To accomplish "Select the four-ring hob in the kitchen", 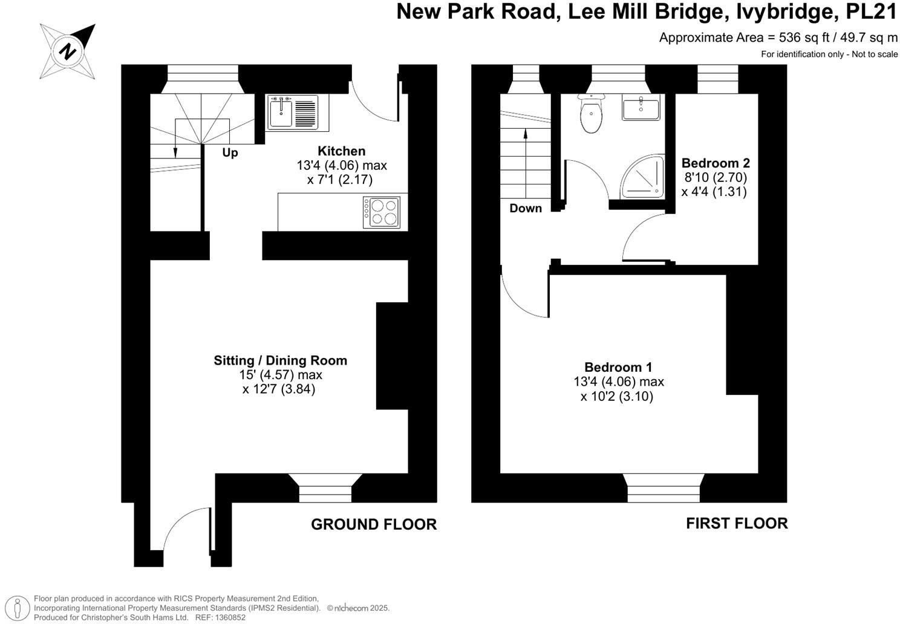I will tap(382, 212).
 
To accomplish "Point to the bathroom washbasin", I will tap(641, 109).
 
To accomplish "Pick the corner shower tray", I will tap(641, 178).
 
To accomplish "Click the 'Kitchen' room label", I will tap(342, 151).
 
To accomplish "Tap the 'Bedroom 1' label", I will tap(618, 367).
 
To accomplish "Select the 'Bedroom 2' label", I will tap(716, 163).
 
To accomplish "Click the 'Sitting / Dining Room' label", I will tap(280, 360).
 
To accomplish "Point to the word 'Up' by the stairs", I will tap(230, 153).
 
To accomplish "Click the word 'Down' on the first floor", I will tap(526, 209).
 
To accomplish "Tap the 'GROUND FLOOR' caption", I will tap(373, 524).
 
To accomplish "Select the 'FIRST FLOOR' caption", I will tap(737, 523).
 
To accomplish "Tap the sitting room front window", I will tap(325, 489).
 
